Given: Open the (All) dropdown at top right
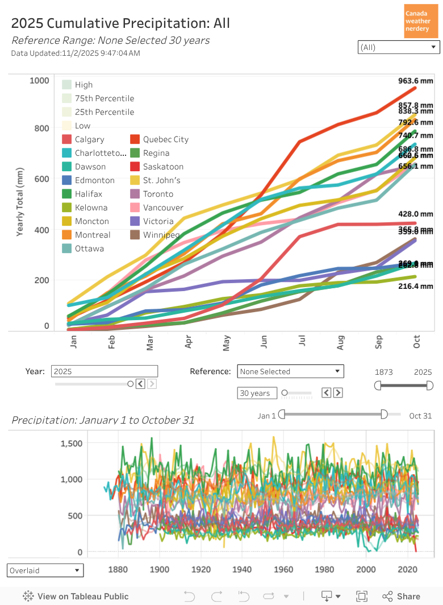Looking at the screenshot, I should (x=399, y=47).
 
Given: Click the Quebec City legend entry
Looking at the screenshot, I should (x=165, y=139).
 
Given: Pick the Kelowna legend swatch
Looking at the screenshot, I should (x=66, y=208).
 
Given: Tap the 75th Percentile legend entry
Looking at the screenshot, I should (x=104, y=98).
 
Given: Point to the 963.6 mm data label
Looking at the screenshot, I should (x=416, y=81).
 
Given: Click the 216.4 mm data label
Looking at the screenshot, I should (x=416, y=287).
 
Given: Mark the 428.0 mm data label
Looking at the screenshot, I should (x=416, y=214).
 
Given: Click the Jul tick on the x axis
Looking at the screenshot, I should (x=302, y=341).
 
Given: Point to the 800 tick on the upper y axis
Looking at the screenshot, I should (x=39, y=128).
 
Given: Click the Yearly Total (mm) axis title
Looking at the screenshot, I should (x=20, y=202).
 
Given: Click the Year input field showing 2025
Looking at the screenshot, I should (x=104, y=371).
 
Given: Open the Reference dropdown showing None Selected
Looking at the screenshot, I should (x=290, y=371).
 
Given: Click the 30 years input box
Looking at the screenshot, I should (x=257, y=393).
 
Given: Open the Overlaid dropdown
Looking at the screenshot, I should (x=45, y=570).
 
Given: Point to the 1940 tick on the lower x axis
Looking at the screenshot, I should (x=242, y=569).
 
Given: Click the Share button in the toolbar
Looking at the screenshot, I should (x=402, y=596).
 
